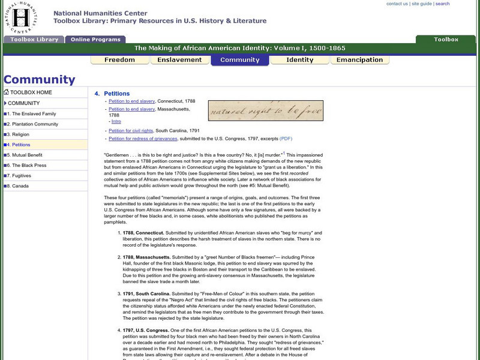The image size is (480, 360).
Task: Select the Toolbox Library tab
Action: (34, 40)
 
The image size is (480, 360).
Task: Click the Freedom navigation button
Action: (119, 60)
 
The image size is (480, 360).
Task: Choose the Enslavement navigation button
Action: (179, 60)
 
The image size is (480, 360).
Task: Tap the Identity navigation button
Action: (299, 60)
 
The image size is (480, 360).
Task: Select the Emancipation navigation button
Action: (359, 60)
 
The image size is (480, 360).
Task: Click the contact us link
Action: (397, 4)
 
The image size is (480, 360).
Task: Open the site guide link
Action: (422, 4)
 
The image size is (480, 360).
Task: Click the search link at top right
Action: (442, 4)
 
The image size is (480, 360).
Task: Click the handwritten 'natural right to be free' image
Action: (265, 111)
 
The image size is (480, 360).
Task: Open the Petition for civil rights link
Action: (131, 130)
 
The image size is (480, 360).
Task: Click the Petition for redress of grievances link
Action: (143, 139)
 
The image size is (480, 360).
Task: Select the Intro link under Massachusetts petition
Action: (116, 121)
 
